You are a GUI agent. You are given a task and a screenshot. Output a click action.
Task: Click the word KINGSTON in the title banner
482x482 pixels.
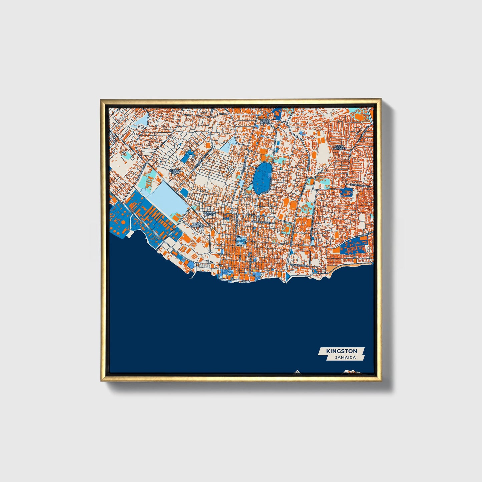(x=342, y=351)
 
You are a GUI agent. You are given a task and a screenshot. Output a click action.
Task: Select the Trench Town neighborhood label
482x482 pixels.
(x=175, y=172)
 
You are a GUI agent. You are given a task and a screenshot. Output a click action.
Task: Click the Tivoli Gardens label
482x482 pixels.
(x=196, y=225)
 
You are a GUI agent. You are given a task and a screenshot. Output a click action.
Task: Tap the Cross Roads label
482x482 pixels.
(x=265, y=121)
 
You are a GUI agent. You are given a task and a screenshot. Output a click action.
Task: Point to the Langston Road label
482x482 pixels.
(x=360, y=185)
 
